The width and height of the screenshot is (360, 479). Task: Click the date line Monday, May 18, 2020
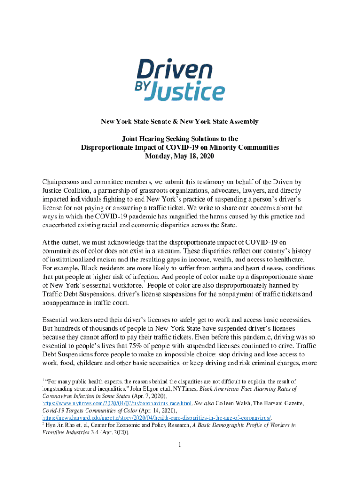click(180, 157)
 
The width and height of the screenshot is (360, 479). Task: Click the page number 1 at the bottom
click(180, 445)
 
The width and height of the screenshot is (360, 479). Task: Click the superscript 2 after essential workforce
click(145, 283)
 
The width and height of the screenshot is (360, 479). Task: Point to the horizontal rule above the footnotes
click(84, 374)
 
